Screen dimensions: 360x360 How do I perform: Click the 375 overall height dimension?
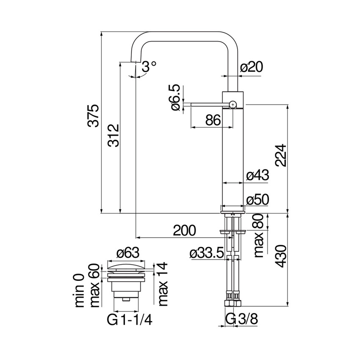coord(94,115)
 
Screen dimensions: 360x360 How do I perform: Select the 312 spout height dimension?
coord(113,135)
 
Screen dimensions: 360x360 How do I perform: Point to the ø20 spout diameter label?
coord(252,66)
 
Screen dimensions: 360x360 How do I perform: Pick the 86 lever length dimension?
coord(213,120)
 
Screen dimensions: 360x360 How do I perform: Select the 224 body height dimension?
coord(280,155)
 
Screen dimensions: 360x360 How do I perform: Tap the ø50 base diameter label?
coord(258,200)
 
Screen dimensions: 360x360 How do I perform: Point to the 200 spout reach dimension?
coord(185,230)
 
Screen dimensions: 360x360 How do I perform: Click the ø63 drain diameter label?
coord(127,253)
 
